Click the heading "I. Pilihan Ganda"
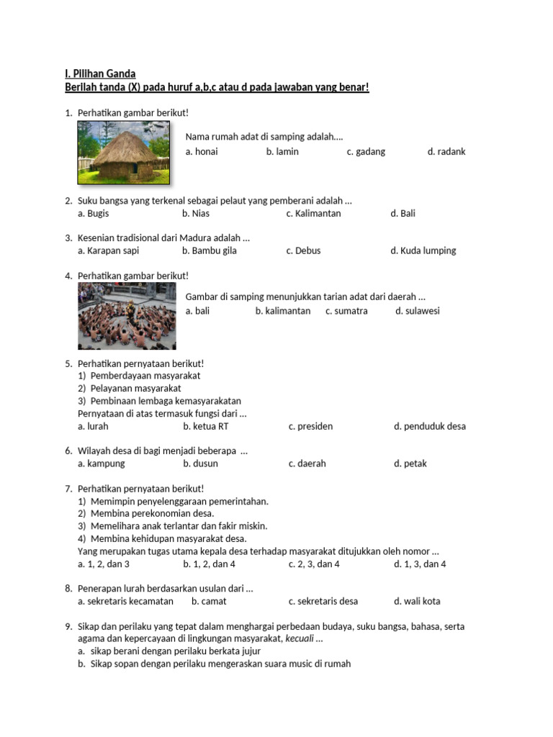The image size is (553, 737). [x=100, y=73]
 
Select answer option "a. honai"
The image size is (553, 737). [x=202, y=152]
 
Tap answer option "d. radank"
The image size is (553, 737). [x=446, y=152]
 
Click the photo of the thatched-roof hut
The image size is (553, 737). [x=124, y=153]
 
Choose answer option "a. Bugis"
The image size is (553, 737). [x=94, y=214]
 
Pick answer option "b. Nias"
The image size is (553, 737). [x=196, y=214]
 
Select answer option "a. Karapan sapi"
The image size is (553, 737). [x=109, y=251]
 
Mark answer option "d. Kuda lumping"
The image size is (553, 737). [x=423, y=251]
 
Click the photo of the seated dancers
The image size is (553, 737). [x=127, y=316]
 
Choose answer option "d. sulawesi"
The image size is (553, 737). [x=418, y=311]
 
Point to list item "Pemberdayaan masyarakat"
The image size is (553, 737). [x=145, y=376]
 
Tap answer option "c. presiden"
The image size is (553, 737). [x=311, y=426]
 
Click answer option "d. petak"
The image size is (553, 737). [x=410, y=464]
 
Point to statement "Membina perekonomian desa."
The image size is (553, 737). [x=152, y=514]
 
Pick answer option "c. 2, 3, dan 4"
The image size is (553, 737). [x=314, y=564]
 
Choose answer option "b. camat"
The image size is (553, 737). [x=209, y=602]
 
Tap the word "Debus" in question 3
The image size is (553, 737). [x=308, y=251]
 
